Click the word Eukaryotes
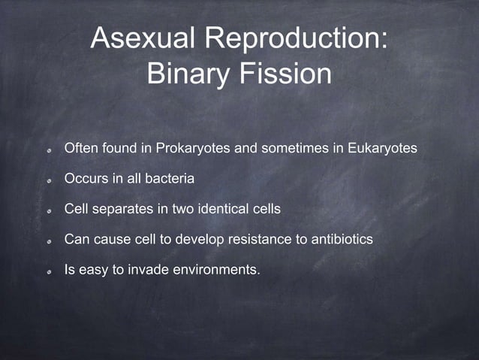[x=382, y=148]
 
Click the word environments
[x=219, y=269]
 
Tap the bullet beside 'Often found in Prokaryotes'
[x=47, y=150]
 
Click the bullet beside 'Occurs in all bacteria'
[x=47, y=180]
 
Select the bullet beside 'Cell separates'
[x=47, y=210]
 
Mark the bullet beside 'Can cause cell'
[x=47, y=241]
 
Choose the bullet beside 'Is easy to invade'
[x=47, y=271]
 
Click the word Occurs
[x=84, y=179]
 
